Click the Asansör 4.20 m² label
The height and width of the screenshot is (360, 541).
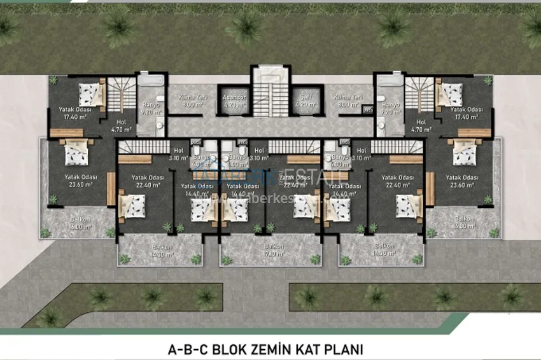[234, 102]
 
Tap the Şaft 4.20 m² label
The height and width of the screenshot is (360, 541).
[306, 102]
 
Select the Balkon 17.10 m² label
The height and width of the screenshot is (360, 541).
[270, 250]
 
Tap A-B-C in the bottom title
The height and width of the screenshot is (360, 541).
[183, 349]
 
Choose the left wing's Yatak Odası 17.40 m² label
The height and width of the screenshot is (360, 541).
[75, 113]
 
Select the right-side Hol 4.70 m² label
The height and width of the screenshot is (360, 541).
[421, 125]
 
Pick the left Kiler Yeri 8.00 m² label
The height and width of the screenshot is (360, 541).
[190, 102]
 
